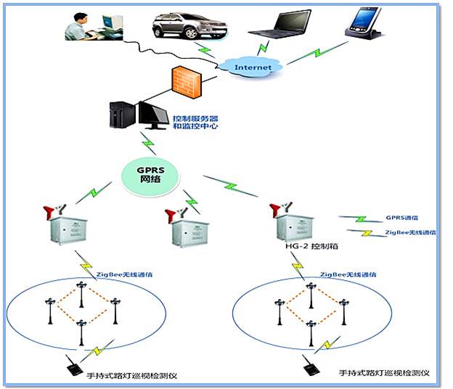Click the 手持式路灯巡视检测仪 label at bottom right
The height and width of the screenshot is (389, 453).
click(x=385, y=372)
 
